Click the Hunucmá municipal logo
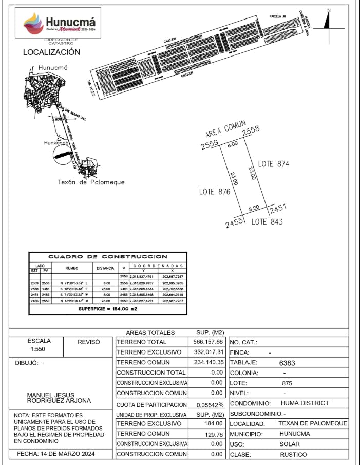60,23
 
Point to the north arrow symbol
328,21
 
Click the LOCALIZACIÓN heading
51,52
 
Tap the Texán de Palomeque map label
91,182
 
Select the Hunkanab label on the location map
56,143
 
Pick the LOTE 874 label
274,164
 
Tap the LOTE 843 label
267,222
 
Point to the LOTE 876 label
214,192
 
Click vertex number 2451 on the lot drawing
277,209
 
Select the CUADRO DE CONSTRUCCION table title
108,256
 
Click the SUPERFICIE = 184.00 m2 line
108,309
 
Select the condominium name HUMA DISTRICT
305,403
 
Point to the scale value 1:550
39,349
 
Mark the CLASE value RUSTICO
293,454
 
